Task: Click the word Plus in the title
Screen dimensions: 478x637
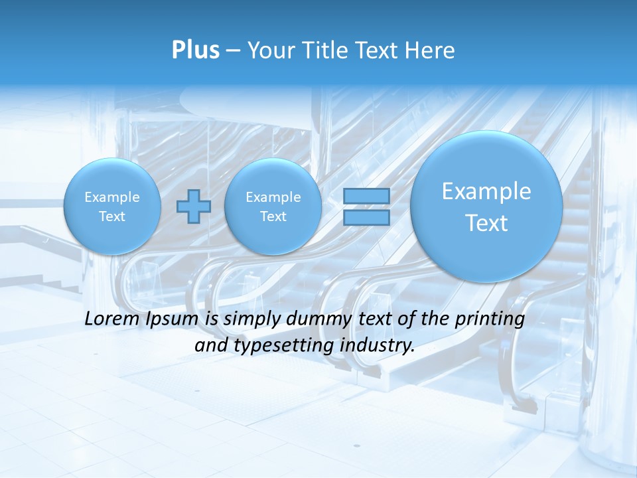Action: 195,50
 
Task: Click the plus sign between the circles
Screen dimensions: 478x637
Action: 194,206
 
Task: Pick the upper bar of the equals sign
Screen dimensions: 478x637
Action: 366,197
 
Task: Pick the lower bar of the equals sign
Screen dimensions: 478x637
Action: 366,217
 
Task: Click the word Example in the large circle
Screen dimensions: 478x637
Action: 486,191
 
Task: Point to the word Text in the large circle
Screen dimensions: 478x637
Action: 486,223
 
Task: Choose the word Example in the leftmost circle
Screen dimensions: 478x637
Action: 112,197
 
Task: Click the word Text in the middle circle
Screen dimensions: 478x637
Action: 273,216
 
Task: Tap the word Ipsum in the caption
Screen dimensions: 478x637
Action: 173,319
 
